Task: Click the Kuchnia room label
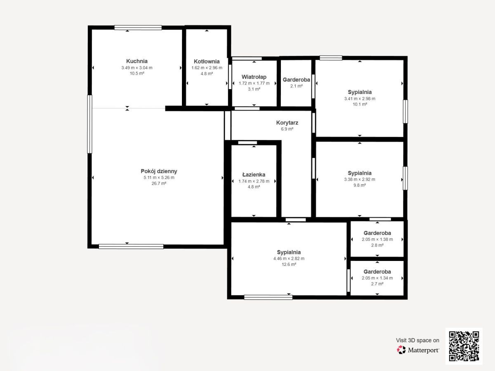(x=137, y=61)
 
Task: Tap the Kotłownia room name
(x=207, y=61)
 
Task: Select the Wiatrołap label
(x=254, y=77)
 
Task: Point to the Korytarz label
(x=287, y=123)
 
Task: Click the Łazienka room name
(x=254, y=174)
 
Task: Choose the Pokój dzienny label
(x=159, y=171)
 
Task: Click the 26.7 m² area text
(x=159, y=183)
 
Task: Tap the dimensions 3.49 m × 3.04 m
(x=137, y=68)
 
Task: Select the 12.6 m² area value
(x=289, y=265)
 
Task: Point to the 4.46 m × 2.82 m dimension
(x=289, y=258)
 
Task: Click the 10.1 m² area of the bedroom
(x=360, y=104)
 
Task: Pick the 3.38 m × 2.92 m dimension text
(x=359, y=180)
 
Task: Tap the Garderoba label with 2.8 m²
(x=377, y=233)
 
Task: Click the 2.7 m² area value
(x=377, y=284)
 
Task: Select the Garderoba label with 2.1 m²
(x=296, y=80)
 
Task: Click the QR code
(x=464, y=346)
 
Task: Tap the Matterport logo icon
(x=401, y=350)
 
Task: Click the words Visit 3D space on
(x=417, y=340)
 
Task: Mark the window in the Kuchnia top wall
(x=138, y=28)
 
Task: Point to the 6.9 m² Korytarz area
(x=287, y=129)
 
